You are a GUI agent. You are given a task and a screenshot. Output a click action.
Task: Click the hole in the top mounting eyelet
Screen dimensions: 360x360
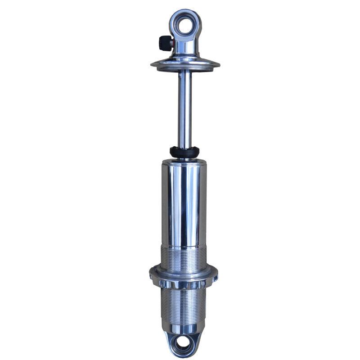185,25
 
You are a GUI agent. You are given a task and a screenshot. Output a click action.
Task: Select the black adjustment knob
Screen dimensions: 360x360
164,43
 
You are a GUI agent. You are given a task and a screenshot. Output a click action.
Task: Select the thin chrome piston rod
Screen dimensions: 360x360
184,108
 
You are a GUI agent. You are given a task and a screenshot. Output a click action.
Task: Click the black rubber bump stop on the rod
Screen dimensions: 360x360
184,152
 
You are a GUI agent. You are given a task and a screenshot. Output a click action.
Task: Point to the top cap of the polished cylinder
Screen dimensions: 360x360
184,162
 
